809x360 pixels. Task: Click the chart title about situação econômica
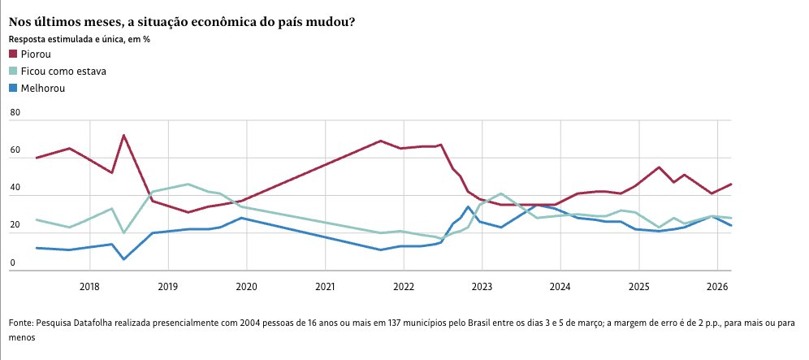181,22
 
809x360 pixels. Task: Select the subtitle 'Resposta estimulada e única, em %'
80,38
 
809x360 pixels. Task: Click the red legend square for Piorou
13,54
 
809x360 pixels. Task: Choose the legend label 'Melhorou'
43,88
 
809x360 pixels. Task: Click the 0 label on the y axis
12,263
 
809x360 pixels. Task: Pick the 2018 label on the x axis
89,286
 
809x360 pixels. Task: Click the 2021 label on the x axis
325,286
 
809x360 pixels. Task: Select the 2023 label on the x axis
482,286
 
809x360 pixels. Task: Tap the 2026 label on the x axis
716,286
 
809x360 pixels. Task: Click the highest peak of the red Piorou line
123,135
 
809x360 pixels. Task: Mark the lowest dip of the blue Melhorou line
123,259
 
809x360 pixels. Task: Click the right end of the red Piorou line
731,184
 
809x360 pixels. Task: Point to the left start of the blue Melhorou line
37,248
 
